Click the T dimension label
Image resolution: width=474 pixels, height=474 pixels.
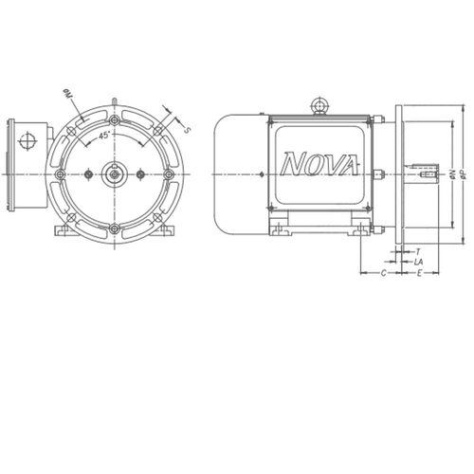click(x=418, y=251)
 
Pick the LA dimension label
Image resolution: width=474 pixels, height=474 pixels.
click(x=419, y=261)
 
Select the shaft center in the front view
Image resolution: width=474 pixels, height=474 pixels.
click(x=114, y=173)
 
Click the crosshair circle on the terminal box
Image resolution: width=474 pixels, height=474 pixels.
click(x=26, y=142)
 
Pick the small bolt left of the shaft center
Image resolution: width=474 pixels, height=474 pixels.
click(x=87, y=173)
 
